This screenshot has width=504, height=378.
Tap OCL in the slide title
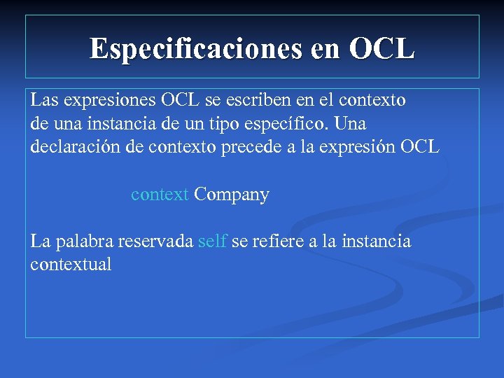(381, 48)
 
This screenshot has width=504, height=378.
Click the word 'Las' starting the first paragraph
(44, 100)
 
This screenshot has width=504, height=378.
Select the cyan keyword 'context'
(160, 195)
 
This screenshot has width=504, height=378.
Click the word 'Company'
(232, 195)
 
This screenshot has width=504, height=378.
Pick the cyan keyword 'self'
(212, 241)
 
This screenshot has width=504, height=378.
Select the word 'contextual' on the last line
(71, 265)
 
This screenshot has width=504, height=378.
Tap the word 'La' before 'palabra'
(40, 241)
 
